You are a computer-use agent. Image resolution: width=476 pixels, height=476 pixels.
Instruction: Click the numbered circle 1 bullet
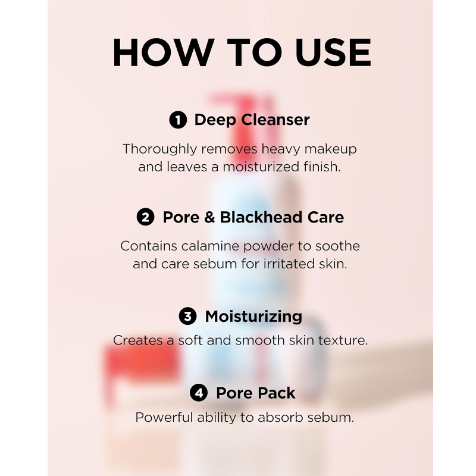tap(178, 120)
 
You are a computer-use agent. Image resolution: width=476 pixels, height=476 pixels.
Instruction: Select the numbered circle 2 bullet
tap(145, 217)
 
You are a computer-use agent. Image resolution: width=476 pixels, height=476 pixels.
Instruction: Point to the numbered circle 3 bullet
tap(187, 316)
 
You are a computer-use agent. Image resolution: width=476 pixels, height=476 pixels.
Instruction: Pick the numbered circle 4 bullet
tap(199, 393)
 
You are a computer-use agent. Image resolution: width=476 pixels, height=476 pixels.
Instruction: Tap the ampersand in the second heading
tap(209, 217)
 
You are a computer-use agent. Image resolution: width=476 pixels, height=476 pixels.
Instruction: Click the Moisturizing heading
tap(254, 317)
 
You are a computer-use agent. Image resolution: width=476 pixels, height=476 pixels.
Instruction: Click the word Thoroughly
tap(160, 149)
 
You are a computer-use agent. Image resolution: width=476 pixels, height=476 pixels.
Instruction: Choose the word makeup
tap(331, 149)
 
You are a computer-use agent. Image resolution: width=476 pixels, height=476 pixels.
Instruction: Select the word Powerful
tap(164, 417)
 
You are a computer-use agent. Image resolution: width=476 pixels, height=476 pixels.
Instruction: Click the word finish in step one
tap(321, 167)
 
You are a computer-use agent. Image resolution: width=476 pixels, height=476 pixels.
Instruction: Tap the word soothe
tap(337, 246)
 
